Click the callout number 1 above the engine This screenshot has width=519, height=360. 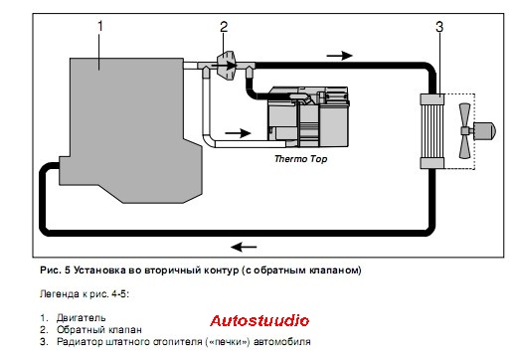100,27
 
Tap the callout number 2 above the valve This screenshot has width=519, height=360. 224,27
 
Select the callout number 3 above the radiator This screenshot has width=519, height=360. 439,27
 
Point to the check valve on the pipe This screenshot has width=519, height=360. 227,66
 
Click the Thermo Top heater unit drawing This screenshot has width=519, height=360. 308,117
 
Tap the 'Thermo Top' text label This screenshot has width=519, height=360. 301,159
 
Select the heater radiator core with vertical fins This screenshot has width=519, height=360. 432,131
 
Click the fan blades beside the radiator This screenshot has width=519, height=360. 464,131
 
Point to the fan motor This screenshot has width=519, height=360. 484,130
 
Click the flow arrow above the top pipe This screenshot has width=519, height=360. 339,56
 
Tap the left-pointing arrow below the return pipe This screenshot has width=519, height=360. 244,247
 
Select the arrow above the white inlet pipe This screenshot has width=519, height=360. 238,133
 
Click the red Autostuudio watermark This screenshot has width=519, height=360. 259,321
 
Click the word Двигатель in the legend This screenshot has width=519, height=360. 82,318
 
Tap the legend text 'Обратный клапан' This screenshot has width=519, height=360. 99,330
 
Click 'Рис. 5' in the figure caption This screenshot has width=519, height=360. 56,270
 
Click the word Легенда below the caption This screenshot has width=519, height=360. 60,294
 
